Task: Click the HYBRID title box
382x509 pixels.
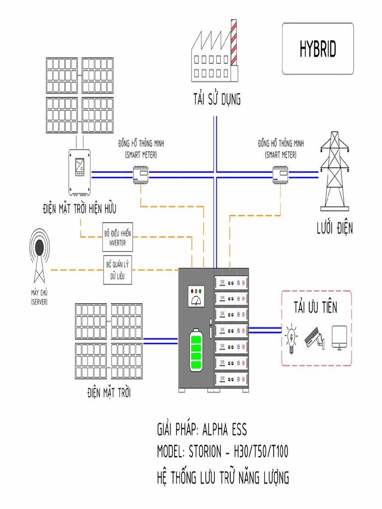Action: point(318,49)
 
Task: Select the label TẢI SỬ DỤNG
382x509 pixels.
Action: point(217,99)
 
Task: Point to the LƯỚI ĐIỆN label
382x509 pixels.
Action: point(335,229)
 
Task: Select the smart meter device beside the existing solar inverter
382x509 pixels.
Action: point(141,174)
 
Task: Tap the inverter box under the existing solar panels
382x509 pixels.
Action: point(80,171)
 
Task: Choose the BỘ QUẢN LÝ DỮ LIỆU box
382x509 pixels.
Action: point(118,270)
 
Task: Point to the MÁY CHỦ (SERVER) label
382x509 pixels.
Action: point(39,297)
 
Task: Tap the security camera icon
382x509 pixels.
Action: point(314,338)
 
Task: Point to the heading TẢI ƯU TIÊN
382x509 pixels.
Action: point(315,307)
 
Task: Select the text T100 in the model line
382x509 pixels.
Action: point(276,452)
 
